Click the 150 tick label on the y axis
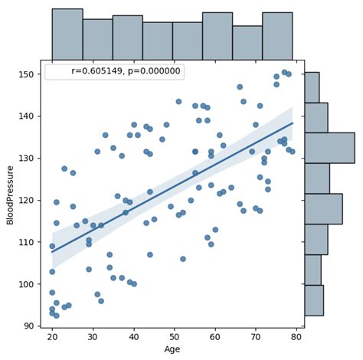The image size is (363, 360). (x=28, y=74)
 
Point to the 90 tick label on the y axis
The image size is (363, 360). (x=30, y=326)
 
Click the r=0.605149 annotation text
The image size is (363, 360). (x=127, y=71)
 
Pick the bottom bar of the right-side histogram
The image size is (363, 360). (x=314, y=300)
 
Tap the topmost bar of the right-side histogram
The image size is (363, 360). (x=312, y=87)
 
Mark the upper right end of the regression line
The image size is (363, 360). (x=293, y=123)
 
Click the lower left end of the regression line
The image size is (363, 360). (x=52, y=252)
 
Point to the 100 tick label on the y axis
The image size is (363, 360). (x=28, y=284)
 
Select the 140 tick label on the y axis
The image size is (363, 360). (x=28, y=116)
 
